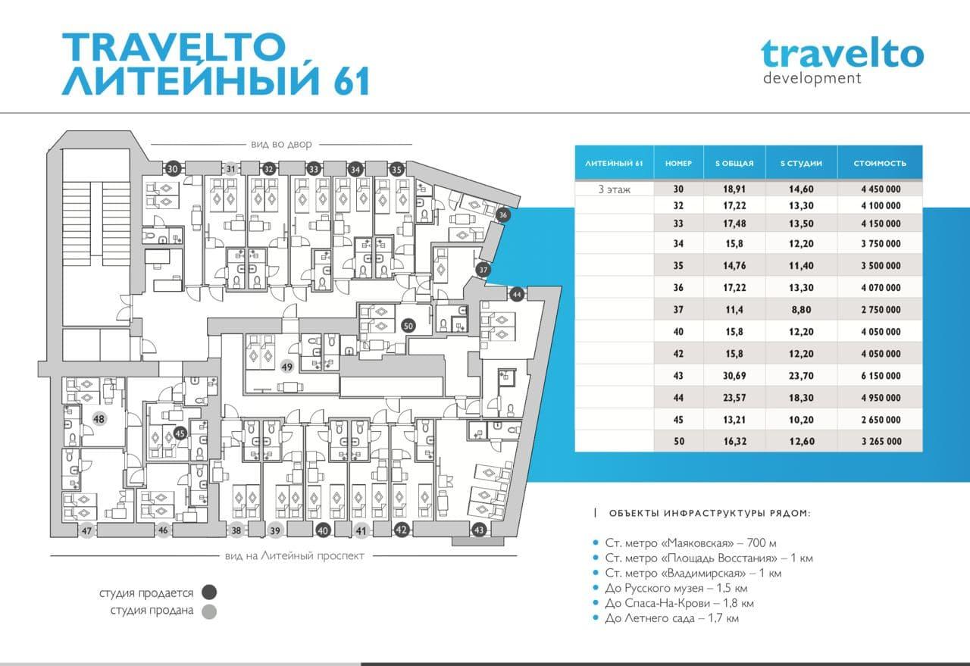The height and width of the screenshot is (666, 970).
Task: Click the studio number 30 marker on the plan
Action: [172, 169]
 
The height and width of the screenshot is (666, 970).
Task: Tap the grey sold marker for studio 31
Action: [231, 169]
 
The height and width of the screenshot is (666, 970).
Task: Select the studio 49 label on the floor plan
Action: [286, 367]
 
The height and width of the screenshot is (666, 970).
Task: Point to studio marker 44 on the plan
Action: [517, 295]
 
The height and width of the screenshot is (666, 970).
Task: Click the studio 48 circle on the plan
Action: [99, 419]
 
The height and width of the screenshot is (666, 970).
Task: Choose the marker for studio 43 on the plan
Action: [478, 530]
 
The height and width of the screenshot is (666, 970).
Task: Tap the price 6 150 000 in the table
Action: [881, 376]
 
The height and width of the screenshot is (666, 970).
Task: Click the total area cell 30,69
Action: [734, 376]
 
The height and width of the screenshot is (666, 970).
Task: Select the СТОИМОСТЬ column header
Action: [880, 163]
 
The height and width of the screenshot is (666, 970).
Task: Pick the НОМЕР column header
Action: [678, 163]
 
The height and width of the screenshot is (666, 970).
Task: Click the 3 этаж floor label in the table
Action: [614, 189]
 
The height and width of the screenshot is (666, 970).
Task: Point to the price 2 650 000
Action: [881, 420]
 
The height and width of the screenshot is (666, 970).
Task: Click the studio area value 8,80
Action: [801, 310]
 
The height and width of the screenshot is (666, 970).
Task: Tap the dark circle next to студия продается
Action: [210, 592]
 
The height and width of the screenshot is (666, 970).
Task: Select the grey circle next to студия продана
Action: [210, 611]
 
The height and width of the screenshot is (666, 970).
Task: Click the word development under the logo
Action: [812, 78]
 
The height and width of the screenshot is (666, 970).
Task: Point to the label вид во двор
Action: [281, 144]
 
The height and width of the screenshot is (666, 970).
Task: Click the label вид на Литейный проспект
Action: [295, 555]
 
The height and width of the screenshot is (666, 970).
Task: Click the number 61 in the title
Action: [351, 80]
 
